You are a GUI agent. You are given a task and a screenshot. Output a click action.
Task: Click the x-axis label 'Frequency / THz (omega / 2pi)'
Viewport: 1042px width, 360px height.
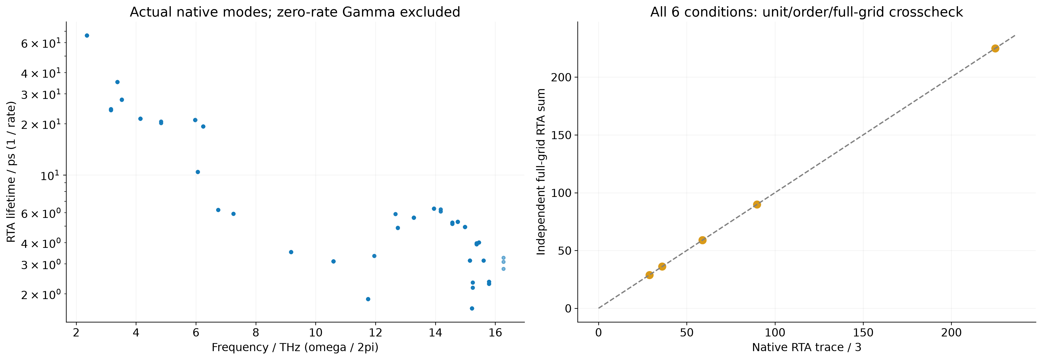pos(295,347)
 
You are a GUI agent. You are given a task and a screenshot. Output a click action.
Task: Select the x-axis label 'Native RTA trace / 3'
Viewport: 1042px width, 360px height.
pos(807,347)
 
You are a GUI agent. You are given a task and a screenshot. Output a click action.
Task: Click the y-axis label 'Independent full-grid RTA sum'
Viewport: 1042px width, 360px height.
pos(541,172)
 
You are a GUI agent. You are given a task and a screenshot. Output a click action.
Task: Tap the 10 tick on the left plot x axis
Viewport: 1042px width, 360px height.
pos(316,333)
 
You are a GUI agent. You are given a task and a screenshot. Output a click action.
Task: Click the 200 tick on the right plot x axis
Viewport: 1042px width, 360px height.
pos(951,333)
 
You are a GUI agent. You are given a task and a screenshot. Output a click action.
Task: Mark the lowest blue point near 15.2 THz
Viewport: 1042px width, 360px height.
pos(472,308)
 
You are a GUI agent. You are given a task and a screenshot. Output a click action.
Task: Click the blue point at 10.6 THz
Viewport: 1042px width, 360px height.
pos(333,261)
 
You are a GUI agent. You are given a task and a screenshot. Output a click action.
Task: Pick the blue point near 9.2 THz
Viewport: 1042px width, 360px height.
pos(291,252)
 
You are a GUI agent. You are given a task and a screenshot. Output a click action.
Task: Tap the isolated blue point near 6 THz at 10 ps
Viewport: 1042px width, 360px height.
pos(198,172)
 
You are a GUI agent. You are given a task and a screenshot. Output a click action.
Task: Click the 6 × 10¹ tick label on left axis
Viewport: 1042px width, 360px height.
pos(41,43)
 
